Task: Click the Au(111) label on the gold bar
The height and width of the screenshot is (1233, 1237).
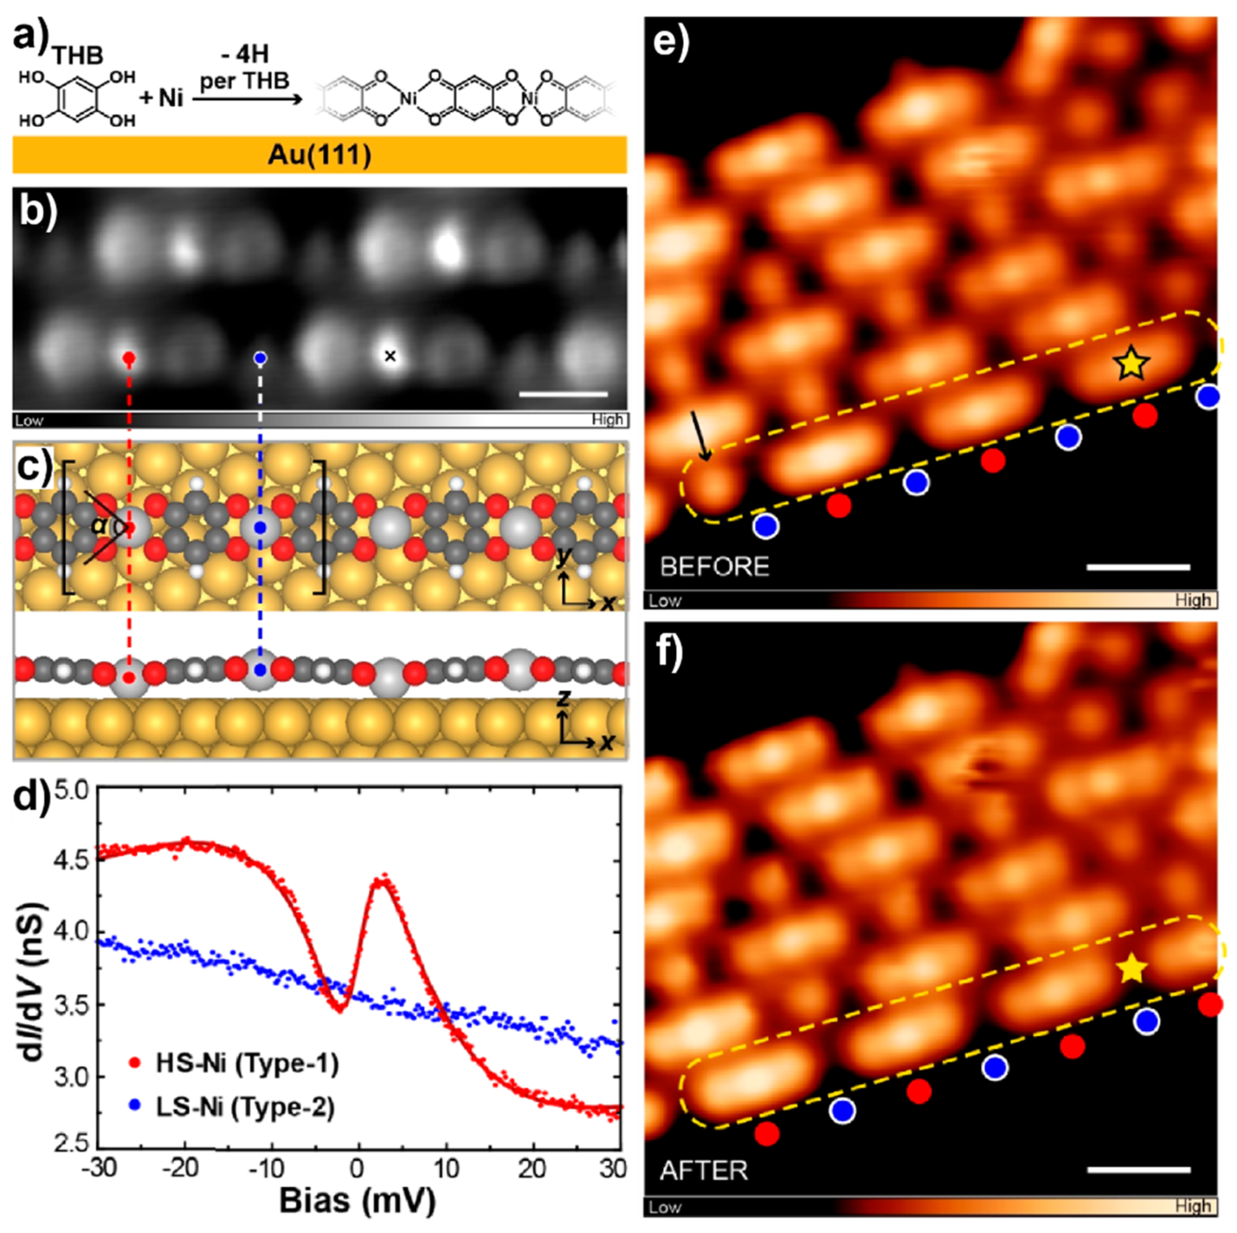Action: pyautogui.click(x=319, y=155)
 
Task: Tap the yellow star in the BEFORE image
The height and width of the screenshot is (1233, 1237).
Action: pyautogui.click(x=1132, y=364)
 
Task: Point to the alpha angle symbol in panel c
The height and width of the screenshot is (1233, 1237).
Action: pyautogui.click(x=97, y=526)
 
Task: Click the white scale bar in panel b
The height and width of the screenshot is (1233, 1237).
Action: pyautogui.click(x=564, y=394)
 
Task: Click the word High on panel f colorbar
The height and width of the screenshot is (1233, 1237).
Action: pyautogui.click(x=1192, y=1207)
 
